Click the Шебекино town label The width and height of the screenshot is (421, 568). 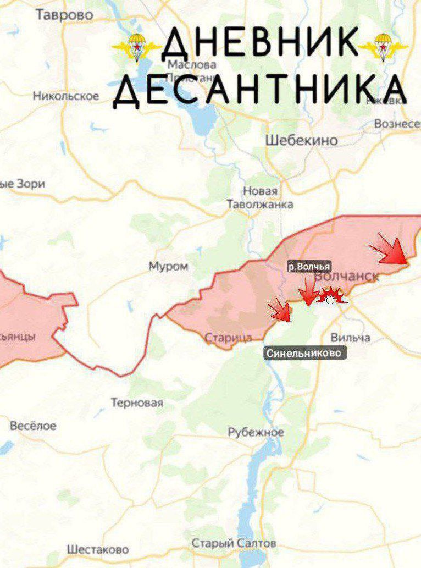(x=301, y=140)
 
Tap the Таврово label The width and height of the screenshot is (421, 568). (x=64, y=15)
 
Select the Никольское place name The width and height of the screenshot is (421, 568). (x=66, y=96)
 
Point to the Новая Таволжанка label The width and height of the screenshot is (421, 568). (x=261, y=197)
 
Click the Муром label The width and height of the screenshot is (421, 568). (x=168, y=267)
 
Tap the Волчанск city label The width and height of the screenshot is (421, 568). (x=347, y=277)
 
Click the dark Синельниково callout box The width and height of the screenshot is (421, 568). (x=306, y=353)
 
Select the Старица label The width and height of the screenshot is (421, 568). (x=228, y=338)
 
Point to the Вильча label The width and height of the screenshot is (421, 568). (x=350, y=337)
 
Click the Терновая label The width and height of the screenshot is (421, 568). (x=137, y=403)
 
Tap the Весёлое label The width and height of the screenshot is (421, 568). (x=33, y=426)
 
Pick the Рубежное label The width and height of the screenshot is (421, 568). (x=256, y=432)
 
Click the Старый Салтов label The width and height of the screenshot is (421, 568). (x=234, y=543)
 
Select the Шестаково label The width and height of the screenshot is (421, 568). (x=98, y=549)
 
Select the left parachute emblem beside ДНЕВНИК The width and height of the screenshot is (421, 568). (x=136, y=47)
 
